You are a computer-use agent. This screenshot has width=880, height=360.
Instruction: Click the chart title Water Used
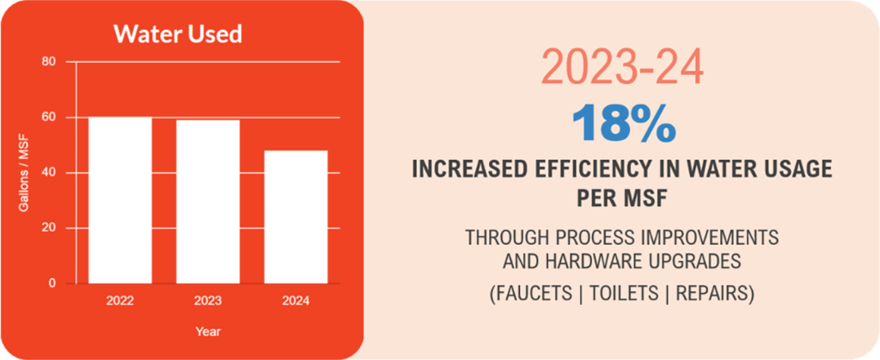point(178,34)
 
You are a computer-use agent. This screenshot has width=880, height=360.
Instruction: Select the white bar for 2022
point(120,199)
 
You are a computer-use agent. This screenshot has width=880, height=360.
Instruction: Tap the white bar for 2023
point(208,201)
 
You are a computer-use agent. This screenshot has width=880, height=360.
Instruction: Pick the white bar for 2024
point(295,217)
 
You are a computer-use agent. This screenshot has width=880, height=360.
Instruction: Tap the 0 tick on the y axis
point(52,284)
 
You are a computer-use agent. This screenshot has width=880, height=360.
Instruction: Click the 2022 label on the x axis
point(120,301)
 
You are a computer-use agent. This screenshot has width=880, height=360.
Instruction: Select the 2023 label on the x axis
point(208,301)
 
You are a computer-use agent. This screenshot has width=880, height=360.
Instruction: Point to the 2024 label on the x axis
point(295,301)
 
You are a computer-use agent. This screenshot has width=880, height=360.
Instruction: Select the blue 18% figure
point(623,122)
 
